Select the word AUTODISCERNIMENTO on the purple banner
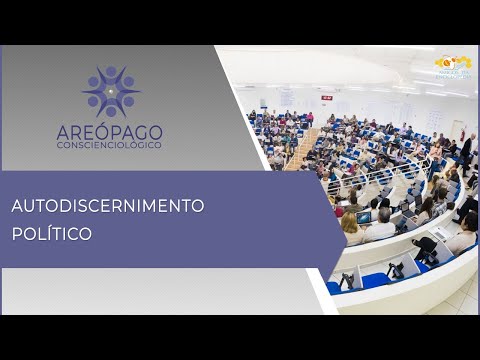coord(108,206)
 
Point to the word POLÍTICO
coord(51,234)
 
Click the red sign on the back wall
coord(327,97)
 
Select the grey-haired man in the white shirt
coord(381,224)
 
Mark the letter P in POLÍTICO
coord(17,234)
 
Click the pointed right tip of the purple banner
coord(345,219)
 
